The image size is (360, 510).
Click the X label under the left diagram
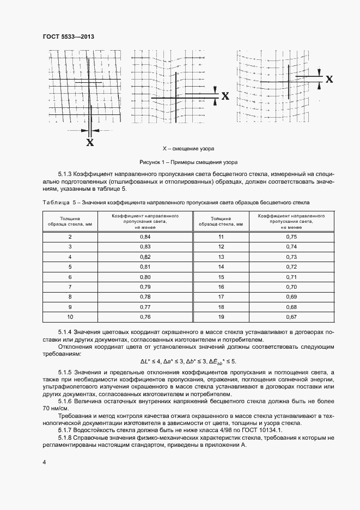tap(90, 143)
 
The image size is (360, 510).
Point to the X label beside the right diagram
tap(329, 79)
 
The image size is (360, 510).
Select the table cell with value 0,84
tap(145, 236)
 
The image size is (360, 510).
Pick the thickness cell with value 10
tap(70, 317)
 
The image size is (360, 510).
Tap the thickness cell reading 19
tap(221, 317)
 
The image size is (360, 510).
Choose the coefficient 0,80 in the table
tap(145, 277)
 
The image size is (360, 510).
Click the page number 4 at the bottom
tap(44, 463)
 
